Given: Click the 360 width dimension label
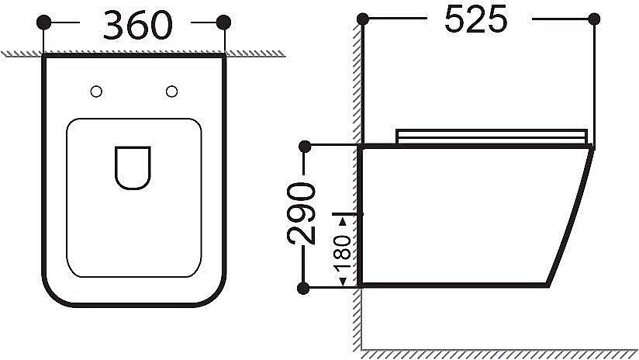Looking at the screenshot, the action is tap(138, 26).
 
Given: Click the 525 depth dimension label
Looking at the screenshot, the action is tap(475, 19).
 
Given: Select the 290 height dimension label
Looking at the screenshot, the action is tap(301, 214).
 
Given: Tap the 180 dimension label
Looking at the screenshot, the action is tap(343, 253).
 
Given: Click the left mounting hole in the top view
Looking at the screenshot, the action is tap(96, 92).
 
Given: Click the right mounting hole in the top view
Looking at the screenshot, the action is tap(171, 92).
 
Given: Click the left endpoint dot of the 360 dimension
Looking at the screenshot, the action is tap(43, 22).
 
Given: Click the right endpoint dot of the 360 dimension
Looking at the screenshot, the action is tap(224, 22).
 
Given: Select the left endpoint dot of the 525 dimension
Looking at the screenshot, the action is tap(362, 19).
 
